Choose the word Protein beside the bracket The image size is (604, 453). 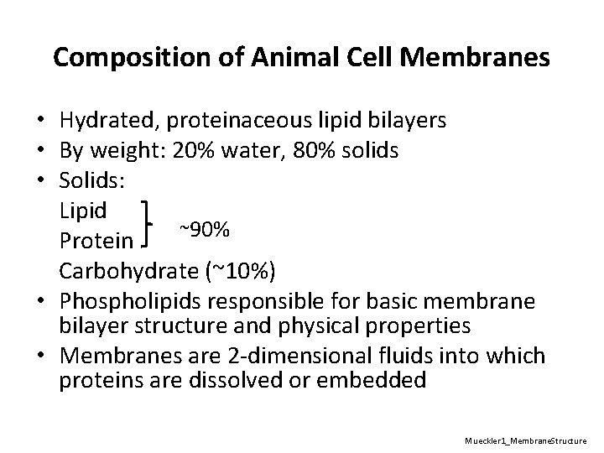96,241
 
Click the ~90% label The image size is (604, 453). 199,227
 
